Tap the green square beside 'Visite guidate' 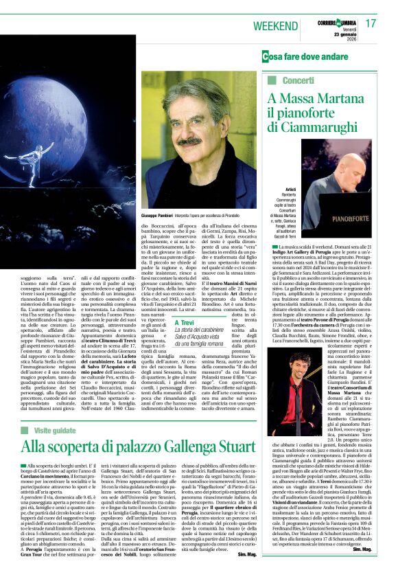[x=25, y=429]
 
